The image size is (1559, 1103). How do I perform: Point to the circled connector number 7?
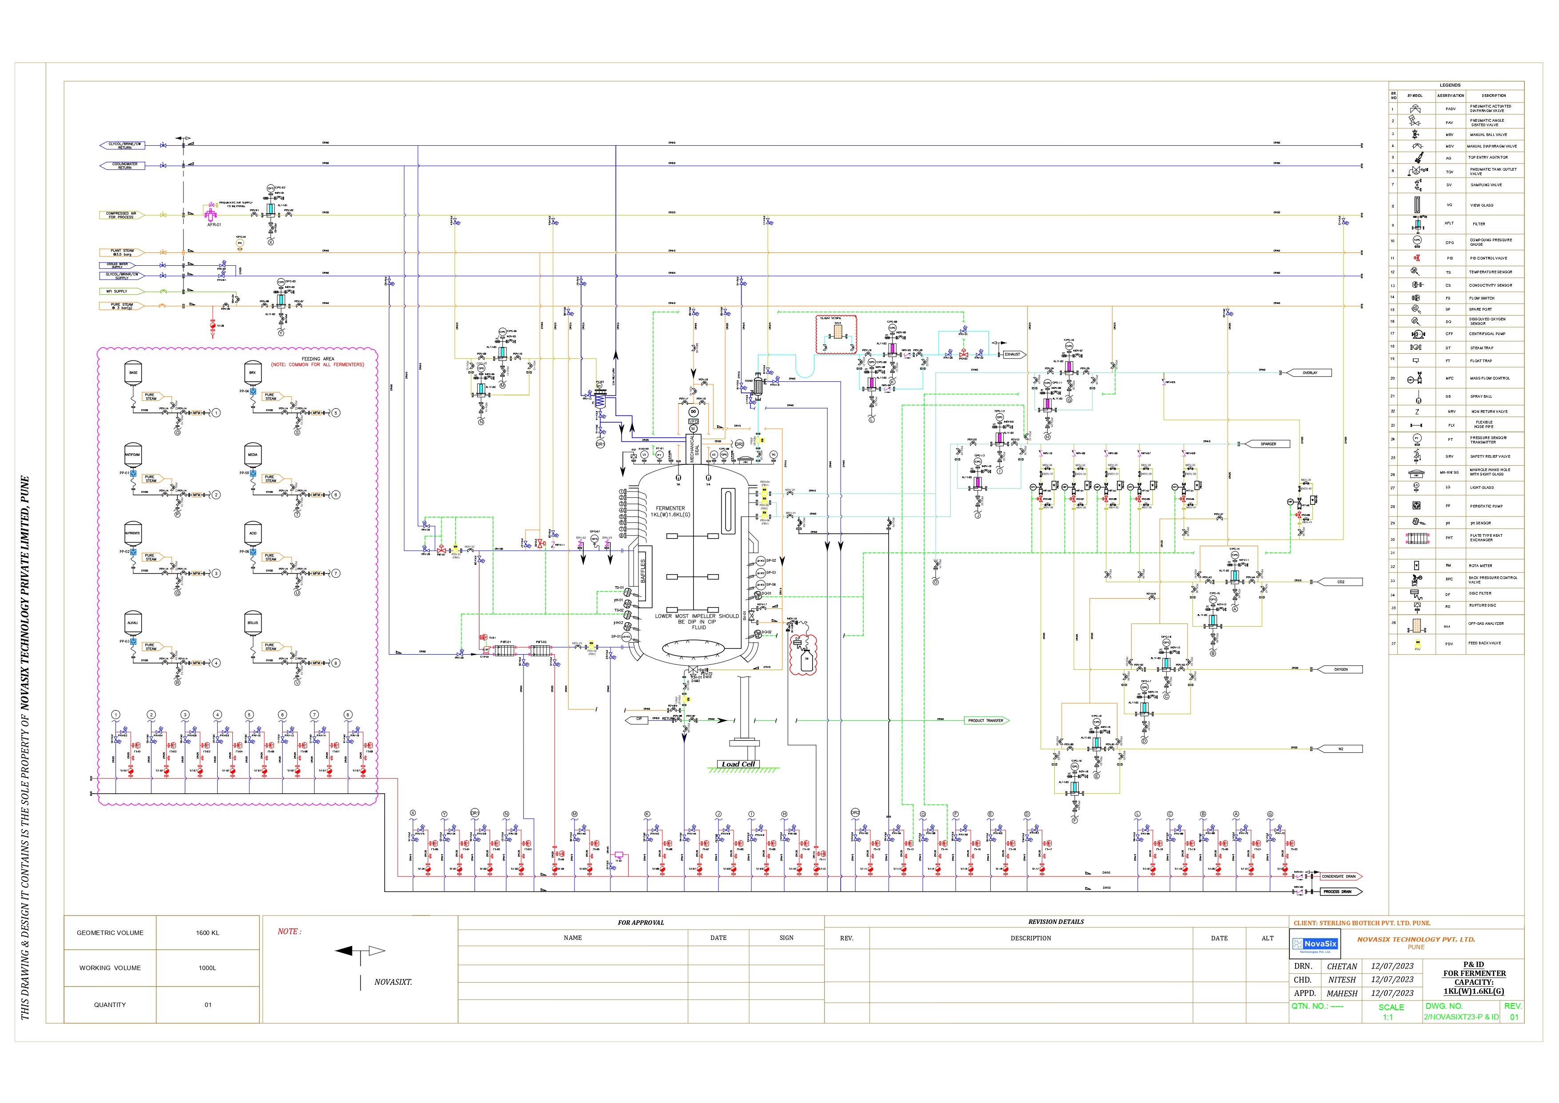click(335, 573)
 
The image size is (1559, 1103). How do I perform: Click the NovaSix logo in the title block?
click(1315, 944)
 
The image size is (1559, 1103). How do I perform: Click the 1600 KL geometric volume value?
click(207, 932)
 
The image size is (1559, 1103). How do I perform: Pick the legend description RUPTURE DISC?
click(1482, 605)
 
